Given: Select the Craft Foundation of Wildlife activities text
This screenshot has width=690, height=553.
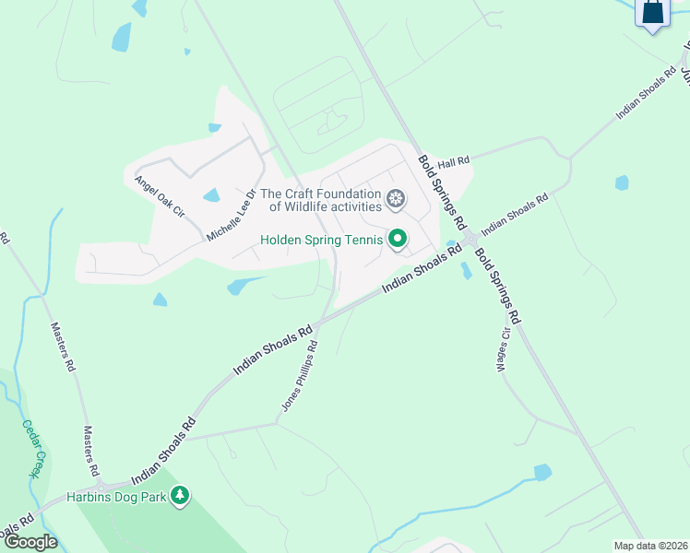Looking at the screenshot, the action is click(320, 200).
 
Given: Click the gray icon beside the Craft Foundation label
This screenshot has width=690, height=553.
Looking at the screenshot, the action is click(396, 199).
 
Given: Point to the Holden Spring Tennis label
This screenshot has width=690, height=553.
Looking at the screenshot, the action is click(321, 240).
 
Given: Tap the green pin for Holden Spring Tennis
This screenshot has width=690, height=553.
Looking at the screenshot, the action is click(398, 240).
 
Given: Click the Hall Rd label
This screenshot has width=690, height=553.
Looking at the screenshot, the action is click(454, 162).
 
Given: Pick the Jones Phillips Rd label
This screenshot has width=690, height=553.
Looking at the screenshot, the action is click(300, 376).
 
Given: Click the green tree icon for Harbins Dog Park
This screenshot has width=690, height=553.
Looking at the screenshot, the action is click(181, 496).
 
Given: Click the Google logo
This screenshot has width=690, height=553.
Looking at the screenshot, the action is click(30, 542).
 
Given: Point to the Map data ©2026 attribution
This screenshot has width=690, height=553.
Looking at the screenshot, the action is click(650, 546).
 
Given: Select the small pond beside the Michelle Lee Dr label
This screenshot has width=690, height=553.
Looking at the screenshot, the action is click(211, 195).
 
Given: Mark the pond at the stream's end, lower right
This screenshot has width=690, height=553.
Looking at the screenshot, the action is click(542, 472).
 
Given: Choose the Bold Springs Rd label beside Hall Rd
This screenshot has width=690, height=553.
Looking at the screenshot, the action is click(440, 190).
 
